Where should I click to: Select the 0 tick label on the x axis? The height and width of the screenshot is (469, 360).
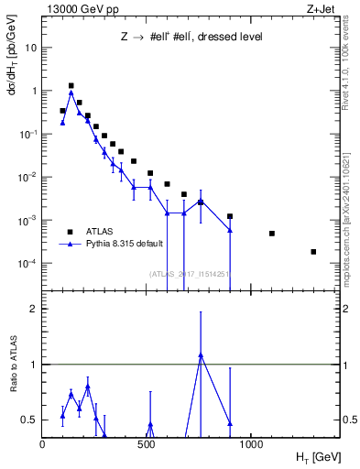[x=43, y=445]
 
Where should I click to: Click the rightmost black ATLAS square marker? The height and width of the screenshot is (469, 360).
[x=313, y=252]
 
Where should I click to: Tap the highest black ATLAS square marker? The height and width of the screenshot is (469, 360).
[x=71, y=85]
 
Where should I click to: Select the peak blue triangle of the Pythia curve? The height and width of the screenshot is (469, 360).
[x=71, y=93]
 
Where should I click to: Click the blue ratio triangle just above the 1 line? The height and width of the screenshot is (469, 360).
[x=201, y=354]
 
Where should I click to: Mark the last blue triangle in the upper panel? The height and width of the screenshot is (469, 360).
[x=230, y=230]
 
